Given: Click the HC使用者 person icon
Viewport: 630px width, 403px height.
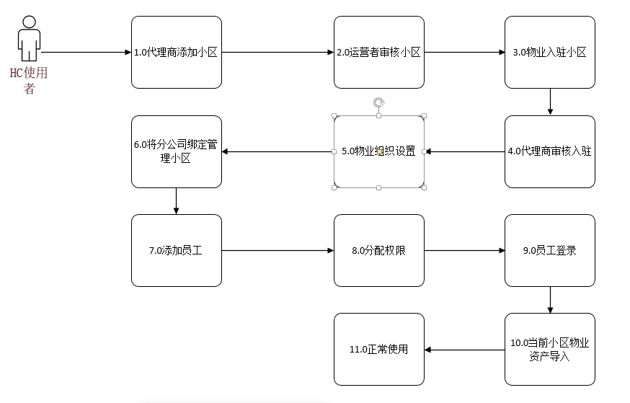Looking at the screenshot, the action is (29, 39).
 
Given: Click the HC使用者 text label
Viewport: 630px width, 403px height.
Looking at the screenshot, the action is (29, 80).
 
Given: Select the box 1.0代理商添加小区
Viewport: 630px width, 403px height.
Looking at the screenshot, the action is (177, 52).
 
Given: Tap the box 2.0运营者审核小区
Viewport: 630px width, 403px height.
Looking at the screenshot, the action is (379, 52).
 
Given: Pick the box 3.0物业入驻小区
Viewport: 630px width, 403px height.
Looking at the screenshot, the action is (550, 52).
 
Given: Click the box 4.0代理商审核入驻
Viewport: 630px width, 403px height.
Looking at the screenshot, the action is (550, 151).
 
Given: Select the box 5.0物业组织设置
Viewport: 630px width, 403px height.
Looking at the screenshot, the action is (379, 151).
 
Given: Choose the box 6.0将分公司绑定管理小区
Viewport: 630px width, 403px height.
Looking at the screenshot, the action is (177, 151).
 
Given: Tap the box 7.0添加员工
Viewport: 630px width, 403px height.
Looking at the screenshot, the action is (177, 250).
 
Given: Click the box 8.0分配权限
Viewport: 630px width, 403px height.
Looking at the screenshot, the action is (379, 250).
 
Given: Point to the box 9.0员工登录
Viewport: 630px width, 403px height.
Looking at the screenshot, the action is (550, 250).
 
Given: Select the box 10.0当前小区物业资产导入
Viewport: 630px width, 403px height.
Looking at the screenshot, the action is (550, 349).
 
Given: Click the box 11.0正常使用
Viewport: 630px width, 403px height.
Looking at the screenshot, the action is (379, 349).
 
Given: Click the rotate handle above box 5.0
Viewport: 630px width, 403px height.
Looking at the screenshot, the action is (379, 103).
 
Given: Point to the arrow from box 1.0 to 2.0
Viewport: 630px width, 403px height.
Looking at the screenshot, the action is (278, 52).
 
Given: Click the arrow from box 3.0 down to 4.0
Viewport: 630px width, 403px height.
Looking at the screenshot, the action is (550, 102).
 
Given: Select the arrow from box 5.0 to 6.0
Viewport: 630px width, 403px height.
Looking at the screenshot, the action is (278, 151).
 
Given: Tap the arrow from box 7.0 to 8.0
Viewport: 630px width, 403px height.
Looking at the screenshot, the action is (278, 250).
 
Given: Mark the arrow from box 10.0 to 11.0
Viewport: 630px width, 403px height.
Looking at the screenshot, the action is (464, 350).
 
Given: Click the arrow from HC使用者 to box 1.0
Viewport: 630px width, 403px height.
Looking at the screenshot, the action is (86, 52).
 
